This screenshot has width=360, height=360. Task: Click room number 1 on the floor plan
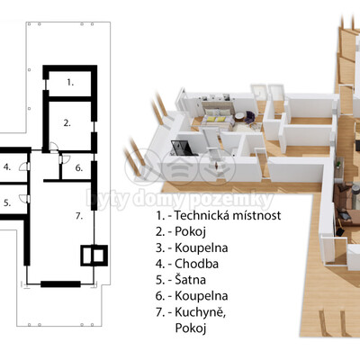click(70, 83)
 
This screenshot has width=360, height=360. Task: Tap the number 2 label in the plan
click(67, 123)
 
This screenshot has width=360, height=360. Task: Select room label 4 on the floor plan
click(7, 167)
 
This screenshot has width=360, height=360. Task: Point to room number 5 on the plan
click(7, 203)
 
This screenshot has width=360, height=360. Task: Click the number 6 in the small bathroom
click(79, 168)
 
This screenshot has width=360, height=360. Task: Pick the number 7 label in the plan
click(79, 216)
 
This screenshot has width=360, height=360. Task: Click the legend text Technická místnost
click(228, 215)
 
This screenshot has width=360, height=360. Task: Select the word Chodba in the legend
click(196, 264)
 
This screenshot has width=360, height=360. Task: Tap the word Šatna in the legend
click(191, 280)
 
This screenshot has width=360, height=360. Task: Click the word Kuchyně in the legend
click(201, 312)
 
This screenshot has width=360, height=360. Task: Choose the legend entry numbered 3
click(192, 247)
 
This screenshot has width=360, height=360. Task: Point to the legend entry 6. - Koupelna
click(192, 296)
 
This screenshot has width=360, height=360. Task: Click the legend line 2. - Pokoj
click(181, 231)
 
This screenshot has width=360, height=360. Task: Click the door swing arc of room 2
click(53, 144)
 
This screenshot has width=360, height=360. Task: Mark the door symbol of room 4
click(24, 166)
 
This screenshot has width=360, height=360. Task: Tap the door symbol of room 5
click(24, 199)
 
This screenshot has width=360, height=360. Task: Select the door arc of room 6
click(65, 159)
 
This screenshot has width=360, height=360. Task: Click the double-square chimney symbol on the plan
click(94, 256)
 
